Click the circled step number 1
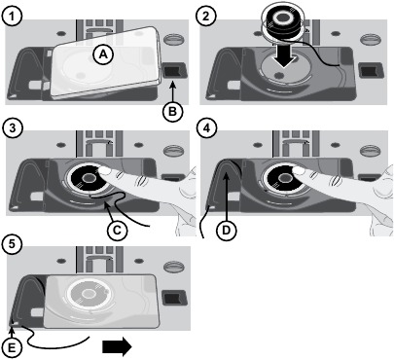[x=12, y=17]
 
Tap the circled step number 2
[x=206, y=17]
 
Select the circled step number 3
[x=12, y=127]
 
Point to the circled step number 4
[x=206, y=127]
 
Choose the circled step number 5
[x=12, y=243]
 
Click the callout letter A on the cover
[x=103, y=54]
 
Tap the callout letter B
[x=172, y=112]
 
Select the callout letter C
[x=117, y=230]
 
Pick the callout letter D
[x=226, y=230]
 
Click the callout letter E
[x=12, y=347]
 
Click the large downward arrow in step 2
[x=283, y=55]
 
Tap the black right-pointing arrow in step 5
[x=117, y=346]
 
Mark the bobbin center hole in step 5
[x=87, y=294]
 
